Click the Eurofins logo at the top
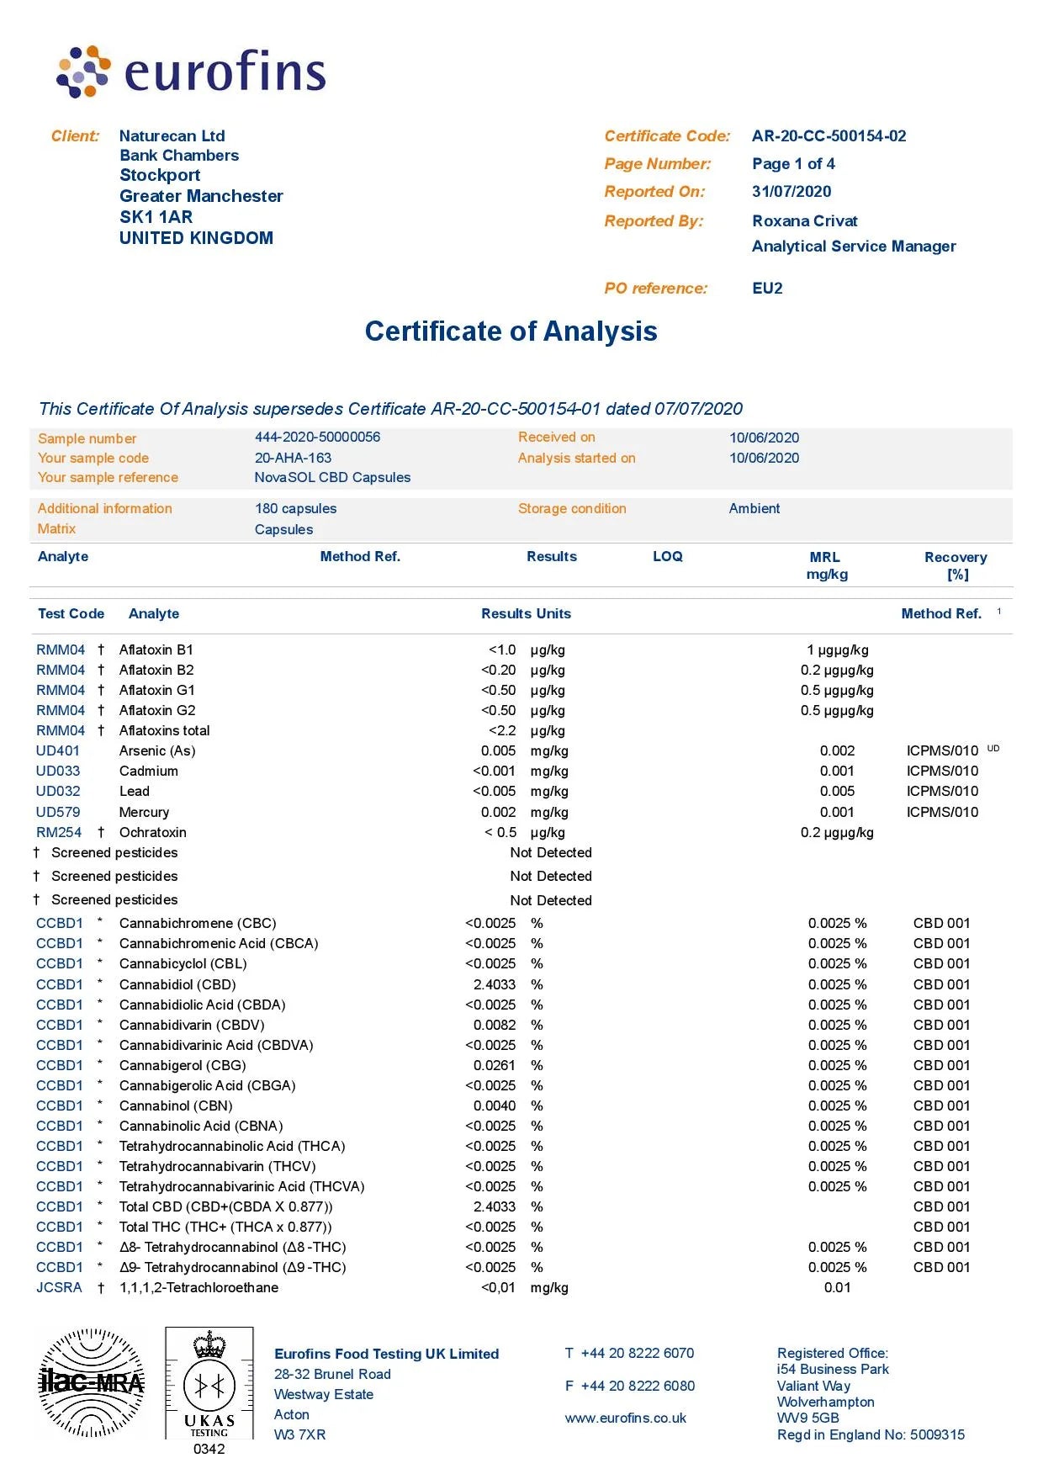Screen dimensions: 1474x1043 191,72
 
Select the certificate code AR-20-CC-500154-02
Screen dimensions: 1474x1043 829,136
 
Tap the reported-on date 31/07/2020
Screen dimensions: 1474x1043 791,192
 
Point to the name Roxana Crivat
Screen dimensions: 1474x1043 804,221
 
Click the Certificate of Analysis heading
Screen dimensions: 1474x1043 511,331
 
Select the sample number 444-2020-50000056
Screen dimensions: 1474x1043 317,437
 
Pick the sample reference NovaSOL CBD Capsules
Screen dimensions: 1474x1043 332,478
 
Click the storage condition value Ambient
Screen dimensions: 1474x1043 754,509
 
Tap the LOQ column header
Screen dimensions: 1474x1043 667,557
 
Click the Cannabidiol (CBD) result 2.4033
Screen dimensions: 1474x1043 495,984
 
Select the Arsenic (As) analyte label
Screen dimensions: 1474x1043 157,751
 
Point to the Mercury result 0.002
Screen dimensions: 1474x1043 498,813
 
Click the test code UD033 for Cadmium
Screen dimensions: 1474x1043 58,771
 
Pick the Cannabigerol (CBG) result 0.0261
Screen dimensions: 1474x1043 495,1066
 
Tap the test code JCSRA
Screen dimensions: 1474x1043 59,1288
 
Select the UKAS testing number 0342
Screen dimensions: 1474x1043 209,1449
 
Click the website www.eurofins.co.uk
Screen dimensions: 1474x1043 625,1418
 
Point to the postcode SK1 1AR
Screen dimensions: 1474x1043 156,217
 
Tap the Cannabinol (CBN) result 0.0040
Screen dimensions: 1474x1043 495,1106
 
